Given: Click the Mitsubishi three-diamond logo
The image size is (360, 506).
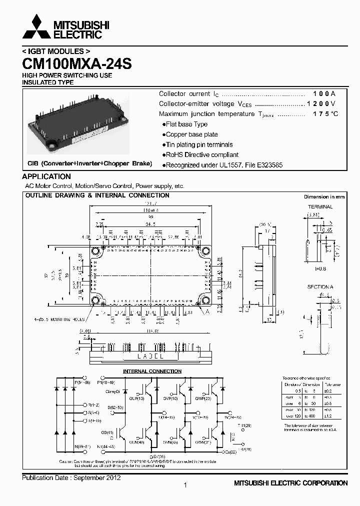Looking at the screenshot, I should (36, 27).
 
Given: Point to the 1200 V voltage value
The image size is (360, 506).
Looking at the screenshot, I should (320, 104).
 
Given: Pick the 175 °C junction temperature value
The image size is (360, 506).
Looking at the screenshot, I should (325, 114).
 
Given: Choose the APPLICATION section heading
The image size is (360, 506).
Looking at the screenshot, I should (46, 176).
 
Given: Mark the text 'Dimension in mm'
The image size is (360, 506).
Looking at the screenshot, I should (324, 197).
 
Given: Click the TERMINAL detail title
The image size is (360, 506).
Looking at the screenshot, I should (320, 206).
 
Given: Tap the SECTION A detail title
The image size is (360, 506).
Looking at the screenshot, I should (319, 287).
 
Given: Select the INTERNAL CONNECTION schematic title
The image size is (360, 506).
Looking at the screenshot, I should (152, 371).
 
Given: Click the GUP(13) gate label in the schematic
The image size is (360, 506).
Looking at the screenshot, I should (136, 399).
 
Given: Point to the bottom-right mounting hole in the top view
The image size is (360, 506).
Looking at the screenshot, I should (204, 300).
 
